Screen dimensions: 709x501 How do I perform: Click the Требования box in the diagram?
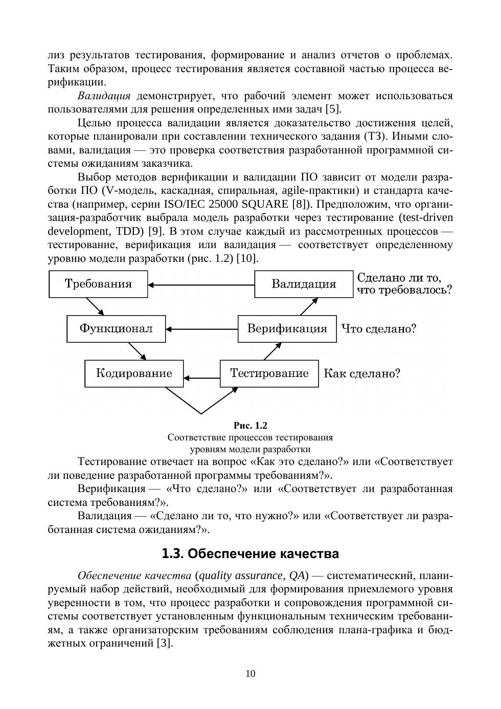tap(98, 284)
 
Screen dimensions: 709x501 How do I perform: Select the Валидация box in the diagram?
tap(304, 284)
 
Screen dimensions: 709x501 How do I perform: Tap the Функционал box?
tap(116, 329)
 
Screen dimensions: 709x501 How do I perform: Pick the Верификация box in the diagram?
tap(287, 329)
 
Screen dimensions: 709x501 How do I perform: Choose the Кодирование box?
tap(134, 373)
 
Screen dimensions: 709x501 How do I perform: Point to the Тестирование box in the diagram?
tap(269, 373)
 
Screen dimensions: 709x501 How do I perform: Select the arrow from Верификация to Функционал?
tap(201, 329)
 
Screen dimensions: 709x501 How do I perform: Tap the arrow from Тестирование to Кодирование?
tap(202, 378)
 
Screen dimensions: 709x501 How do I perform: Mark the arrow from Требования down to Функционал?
tap(95, 306)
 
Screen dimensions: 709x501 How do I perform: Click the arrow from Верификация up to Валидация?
tap(309, 306)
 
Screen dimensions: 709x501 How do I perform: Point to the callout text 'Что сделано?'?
tap(379, 329)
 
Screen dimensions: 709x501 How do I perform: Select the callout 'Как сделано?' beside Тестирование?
tap(362, 373)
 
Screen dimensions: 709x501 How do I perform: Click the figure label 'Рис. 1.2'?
tap(250, 426)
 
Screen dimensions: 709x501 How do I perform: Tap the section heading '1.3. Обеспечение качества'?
tap(250, 554)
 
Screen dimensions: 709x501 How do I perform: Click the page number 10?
tap(250, 674)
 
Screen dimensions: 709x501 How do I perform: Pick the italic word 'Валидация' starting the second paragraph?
tap(104, 96)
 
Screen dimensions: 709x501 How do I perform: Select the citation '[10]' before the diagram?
tap(247, 258)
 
